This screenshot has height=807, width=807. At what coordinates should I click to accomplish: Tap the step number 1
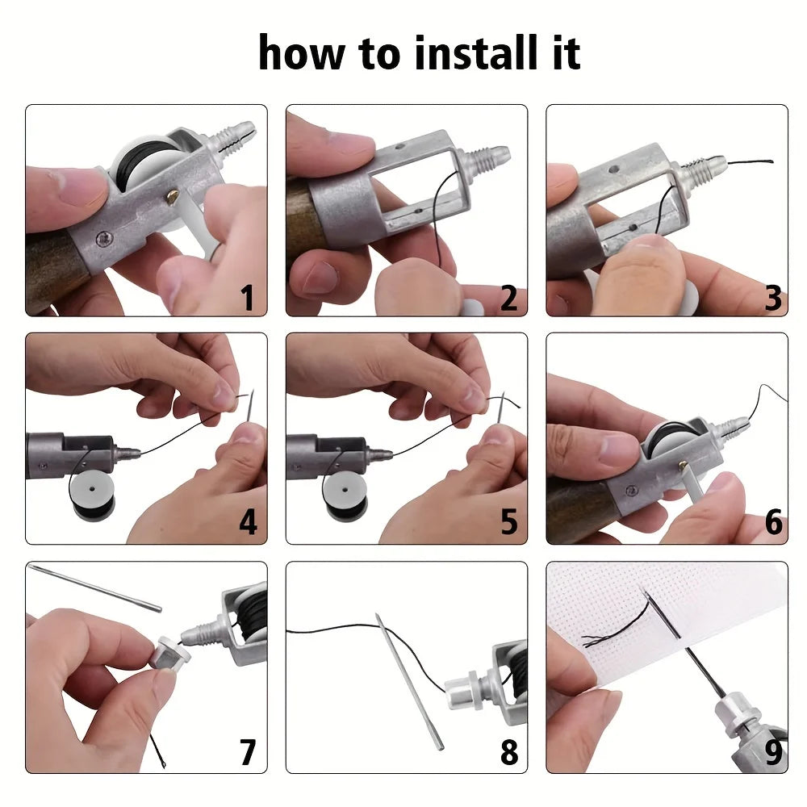click(x=248, y=298)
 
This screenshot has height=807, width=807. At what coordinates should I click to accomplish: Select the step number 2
click(x=508, y=298)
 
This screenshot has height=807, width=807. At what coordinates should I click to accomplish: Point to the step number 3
click(x=772, y=298)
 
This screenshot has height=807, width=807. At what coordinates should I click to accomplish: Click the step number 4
click(x=248, y=522)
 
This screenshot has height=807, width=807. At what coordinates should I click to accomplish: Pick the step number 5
click(x=508, y=522)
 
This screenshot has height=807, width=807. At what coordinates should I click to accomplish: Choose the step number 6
click(x=772, y=522)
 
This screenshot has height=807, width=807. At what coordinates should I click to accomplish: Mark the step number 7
click(x=248, y=752)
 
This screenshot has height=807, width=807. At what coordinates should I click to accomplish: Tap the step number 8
click(x=508, y=752)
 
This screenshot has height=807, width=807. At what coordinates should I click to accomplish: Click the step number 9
click(x=772, y=752)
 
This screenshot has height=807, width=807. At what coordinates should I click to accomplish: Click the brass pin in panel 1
click(x=174, y=194)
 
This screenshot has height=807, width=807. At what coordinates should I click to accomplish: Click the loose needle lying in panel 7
click(x=96, y=588)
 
